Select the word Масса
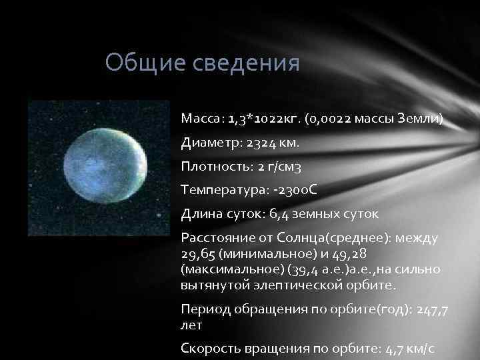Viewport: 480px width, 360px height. tap(201, 119)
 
